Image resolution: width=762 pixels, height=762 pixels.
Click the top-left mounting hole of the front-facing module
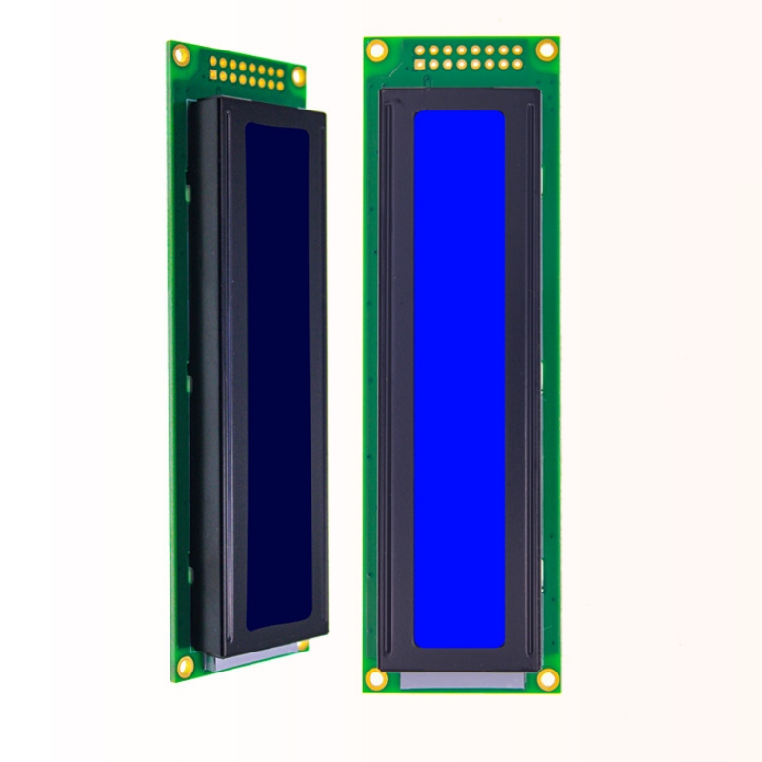[x=376, y=50]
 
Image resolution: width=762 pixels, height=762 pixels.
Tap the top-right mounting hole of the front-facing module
[x=547, y=50]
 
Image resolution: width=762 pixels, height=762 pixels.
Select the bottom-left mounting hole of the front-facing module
[x=376, y=679]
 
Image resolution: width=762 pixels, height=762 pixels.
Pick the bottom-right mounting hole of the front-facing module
[x=548, y=679]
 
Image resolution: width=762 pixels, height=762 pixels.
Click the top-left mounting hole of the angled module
[x=181, y=55]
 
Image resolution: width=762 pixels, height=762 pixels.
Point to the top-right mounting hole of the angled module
[x=298, y=76]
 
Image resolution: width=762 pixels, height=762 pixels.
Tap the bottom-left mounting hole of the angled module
[x=185, y=667]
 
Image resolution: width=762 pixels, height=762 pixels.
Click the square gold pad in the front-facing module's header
[x=419, y=64]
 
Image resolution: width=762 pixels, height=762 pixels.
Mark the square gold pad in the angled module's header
[x=213, y=74]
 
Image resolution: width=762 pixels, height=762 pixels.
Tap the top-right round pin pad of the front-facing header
[x=517, y=50]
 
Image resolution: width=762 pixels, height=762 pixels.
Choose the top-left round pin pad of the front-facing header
[x=419, y=50]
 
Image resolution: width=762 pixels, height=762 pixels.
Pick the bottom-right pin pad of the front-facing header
[x=517, y=64]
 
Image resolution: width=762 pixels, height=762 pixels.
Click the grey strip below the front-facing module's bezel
[x=462, y=680]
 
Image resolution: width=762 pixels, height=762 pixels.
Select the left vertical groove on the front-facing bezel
[x=390, y=381]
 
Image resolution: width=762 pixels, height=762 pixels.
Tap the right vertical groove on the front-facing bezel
[x=528, y=381]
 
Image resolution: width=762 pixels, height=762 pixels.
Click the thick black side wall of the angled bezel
[x=205, y=381]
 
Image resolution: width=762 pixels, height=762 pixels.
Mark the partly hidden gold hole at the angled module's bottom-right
[x=303, y=645]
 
